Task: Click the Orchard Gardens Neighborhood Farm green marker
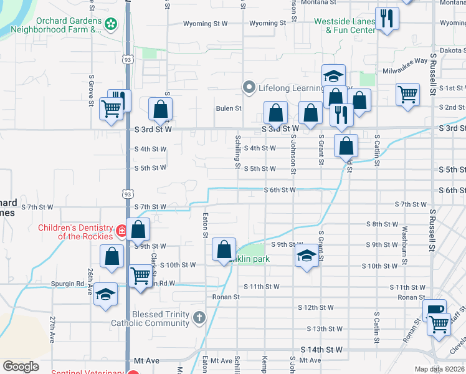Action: click(x=111, y=24)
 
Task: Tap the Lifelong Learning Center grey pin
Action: click(x=249, y=88)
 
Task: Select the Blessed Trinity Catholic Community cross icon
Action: click(x=199, y=319)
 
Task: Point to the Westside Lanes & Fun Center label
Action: click(x=345, y=25)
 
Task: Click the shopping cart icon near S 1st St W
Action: click(x=407, y=95)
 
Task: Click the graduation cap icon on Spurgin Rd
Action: click(x=105, y=295)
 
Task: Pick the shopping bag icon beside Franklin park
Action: click(x=224, y=249)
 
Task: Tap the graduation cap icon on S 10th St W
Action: click(x=306, y=256)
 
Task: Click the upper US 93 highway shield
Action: click(x=128, y=59)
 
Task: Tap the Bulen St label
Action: click(x=229, y=108)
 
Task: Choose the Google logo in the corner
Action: click(x=21, y=367)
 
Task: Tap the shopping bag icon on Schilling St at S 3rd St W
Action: click(x=275, y=113)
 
